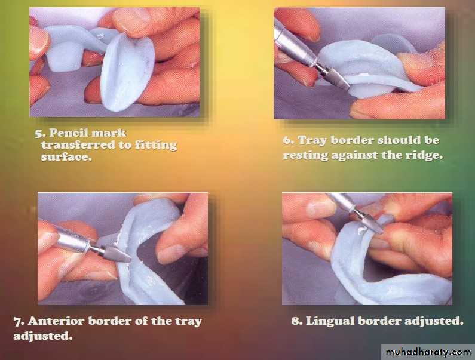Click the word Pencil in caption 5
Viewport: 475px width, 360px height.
[x=69, y=133]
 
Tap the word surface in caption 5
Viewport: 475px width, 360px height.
[x=66, y=156]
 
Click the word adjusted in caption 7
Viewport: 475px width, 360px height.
[x=42, y=336]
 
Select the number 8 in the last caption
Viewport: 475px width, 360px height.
[x=296, y=321]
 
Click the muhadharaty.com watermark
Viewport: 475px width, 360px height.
[x=428, y=352]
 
